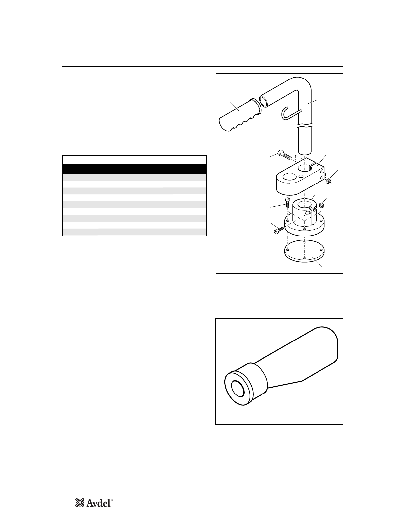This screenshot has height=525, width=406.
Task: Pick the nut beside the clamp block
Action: pyautogui.click(x=328, y=181)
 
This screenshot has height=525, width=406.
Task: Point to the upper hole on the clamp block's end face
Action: pyautogui.click(x=322, y=171)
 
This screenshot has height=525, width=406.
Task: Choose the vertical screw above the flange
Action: pyautogui.click(x=287, y=202)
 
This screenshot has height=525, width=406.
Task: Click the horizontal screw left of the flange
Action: pyautogui.click(x=279, y=230)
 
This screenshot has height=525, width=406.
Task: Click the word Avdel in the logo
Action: pyautogui.click(x=99, y=503)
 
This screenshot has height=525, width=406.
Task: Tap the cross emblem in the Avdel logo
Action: pyautogui.click(x=80, y=503)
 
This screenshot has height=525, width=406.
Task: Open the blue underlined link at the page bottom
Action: pyautogui.click(x=66, y=522)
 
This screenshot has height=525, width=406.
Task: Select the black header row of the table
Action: pyautogui.click(x=134, y=169)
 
